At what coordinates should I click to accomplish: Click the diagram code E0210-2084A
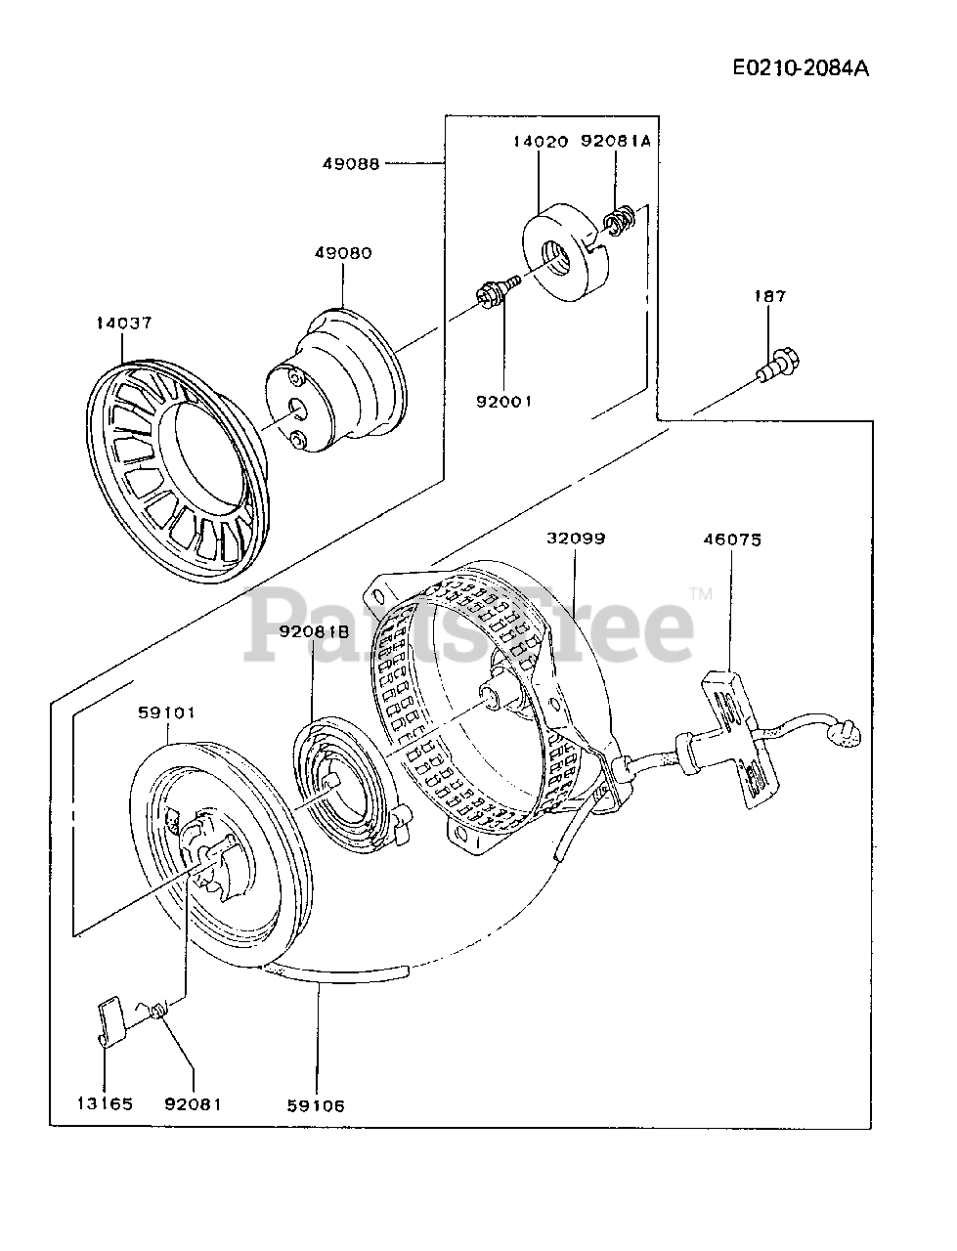pos(801,68)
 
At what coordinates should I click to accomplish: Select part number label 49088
pos(351,164)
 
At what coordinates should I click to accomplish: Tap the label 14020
pos(541,141)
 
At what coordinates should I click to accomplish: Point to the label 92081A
pos(616,141)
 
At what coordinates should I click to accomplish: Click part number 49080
pos(343,252)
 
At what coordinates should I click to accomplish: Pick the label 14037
pos(124,324)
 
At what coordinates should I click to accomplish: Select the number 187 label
pos(770,296)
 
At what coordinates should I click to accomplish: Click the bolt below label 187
pos(778,366)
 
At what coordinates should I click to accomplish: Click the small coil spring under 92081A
pos(618,221)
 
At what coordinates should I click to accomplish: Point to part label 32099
pos(576,538)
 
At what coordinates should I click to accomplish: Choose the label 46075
pos(732,539)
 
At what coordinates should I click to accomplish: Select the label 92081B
pos(314,631)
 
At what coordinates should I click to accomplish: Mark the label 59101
pos(166,712)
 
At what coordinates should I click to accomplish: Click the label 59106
pos(316,1106)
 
